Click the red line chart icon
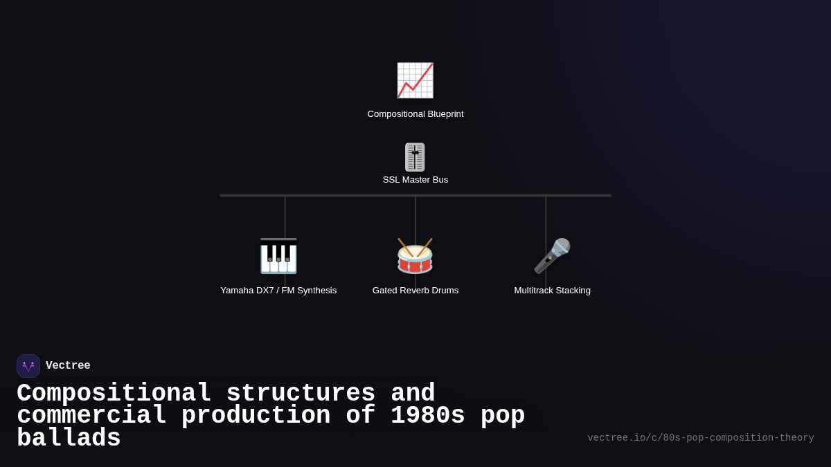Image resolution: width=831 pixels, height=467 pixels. [415, 80]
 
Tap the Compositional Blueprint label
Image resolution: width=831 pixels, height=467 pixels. [415, 114]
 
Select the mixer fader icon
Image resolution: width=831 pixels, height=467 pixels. [415, 157]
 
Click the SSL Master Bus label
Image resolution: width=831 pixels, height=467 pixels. [415, 180]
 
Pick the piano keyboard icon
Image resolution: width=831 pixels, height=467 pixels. [278, 256]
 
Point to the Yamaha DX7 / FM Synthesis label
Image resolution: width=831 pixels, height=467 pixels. [278, 291]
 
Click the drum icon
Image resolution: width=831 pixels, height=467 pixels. [415, 256]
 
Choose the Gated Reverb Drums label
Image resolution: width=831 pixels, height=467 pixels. [415, 291]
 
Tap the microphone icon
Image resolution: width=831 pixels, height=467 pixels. [552, 256]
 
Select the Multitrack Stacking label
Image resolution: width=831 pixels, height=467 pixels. [552, 291]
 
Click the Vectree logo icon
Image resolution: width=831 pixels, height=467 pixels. [28, 366]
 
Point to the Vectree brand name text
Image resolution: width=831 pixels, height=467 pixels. [68, 366]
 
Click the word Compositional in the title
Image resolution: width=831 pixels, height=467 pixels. [114, 394]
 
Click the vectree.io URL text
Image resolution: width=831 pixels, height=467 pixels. [700, 438]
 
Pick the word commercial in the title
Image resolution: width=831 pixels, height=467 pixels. [91, 416]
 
